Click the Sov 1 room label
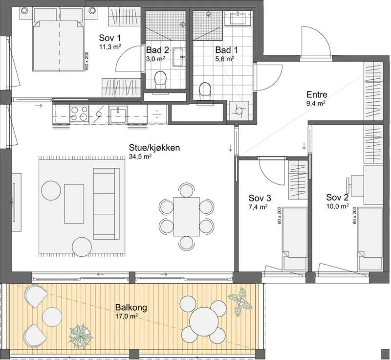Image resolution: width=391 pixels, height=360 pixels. [110, 38]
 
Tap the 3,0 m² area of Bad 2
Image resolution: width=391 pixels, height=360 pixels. [155, 59]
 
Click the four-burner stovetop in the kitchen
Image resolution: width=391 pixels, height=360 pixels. [80, 113]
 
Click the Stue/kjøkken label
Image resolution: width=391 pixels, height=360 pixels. [154, 148]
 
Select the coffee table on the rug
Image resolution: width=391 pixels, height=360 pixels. [74, 204]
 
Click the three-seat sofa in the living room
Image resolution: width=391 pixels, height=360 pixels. [106, 204]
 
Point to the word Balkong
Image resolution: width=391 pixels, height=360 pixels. [131, 307]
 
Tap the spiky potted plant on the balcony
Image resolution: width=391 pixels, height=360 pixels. [80, 336]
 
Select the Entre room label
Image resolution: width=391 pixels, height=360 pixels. [317, 95]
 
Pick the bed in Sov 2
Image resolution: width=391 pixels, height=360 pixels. [370, 239]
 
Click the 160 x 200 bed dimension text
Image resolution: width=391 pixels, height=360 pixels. [87, 62]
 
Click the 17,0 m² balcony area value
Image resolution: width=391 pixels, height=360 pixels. [127, 316]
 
